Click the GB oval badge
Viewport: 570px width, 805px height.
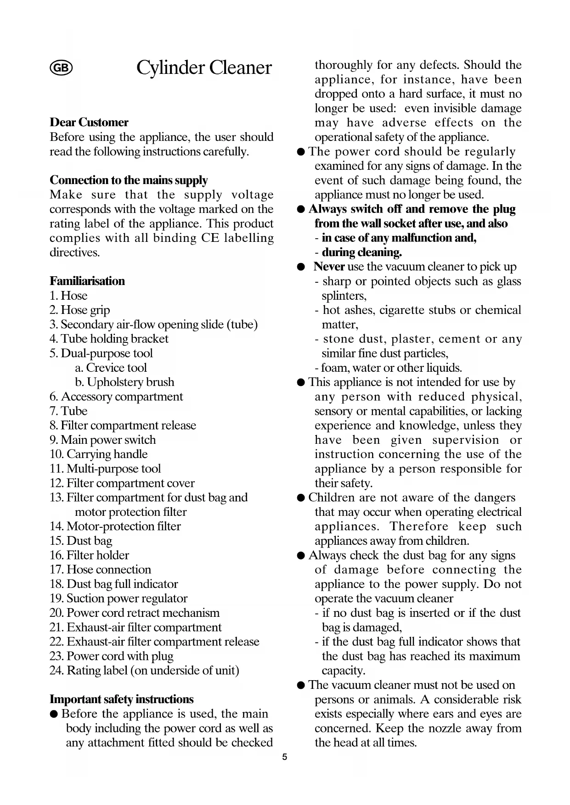61,68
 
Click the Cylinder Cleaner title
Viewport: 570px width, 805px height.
204,68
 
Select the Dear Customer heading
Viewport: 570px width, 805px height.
89,123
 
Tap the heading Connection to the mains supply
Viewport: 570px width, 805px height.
129,180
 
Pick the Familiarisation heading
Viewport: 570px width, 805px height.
87,281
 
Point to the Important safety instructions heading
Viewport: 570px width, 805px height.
122,699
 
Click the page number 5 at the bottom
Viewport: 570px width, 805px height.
284,757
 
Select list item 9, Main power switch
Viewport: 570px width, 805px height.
103,440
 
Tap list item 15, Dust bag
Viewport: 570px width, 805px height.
81,541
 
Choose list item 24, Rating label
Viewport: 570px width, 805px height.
144,671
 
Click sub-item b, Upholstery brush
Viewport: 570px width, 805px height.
124,382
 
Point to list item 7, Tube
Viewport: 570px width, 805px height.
68,411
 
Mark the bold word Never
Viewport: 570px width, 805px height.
329,267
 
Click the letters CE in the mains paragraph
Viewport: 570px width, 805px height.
210,238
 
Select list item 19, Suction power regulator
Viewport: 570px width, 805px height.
119,598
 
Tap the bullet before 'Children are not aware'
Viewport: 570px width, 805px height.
301,498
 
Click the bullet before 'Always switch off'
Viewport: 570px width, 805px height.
301,210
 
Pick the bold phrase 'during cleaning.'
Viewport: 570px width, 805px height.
361,252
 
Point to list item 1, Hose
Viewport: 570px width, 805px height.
68,296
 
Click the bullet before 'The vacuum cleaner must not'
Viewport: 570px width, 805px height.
301,685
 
